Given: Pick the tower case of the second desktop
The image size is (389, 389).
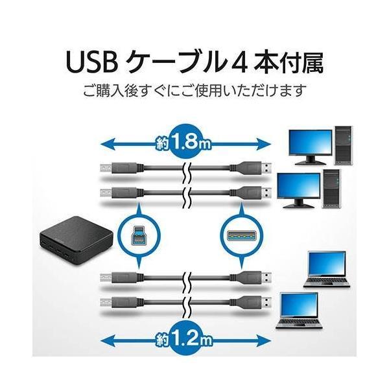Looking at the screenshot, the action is tap(331, 188).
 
